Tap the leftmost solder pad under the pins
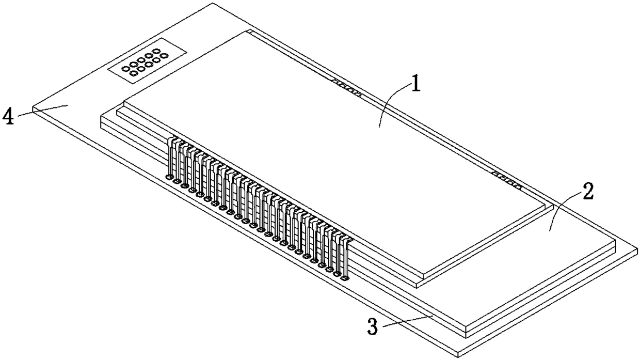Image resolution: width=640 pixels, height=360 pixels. click(x=169, y=177)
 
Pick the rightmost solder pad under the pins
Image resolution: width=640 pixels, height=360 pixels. click(x=345, y=278)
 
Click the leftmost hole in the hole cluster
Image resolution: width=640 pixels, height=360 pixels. click(x=125, y=68)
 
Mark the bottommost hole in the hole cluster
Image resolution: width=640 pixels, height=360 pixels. click(x=134, y=73)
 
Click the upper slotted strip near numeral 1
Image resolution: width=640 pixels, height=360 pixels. click(x=346, y=87)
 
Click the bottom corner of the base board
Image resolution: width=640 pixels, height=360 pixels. click(x=460, y=356)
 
